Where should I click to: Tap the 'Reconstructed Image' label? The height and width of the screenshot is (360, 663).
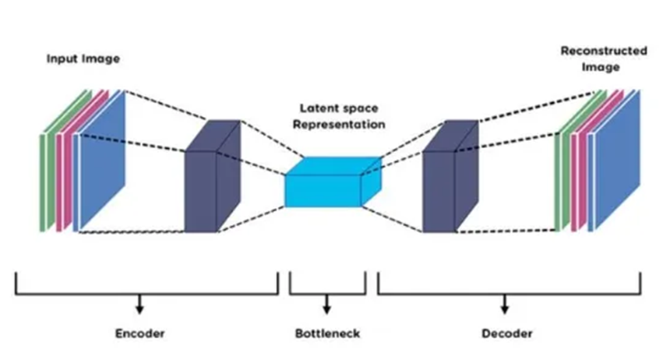[x=604, y=58]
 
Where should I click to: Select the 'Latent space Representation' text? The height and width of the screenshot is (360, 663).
[x=333, y=115]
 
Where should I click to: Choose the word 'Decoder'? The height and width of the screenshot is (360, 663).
[x=507, y=334]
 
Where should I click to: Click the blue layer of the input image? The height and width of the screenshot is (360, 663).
[x=101, y=164]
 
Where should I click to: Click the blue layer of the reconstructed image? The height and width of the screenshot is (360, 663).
[x=619, y=168]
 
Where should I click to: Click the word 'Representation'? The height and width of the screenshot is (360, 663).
[x=333, y=123]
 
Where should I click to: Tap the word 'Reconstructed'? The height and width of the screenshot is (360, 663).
[x=604, y=51]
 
